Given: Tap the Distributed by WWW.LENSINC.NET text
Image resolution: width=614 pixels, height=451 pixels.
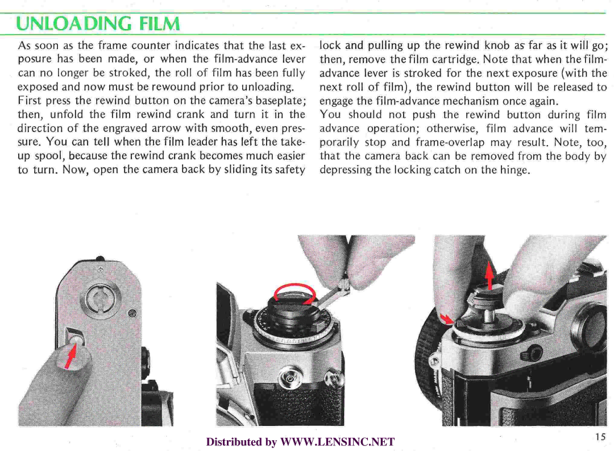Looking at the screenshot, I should point(300,442).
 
